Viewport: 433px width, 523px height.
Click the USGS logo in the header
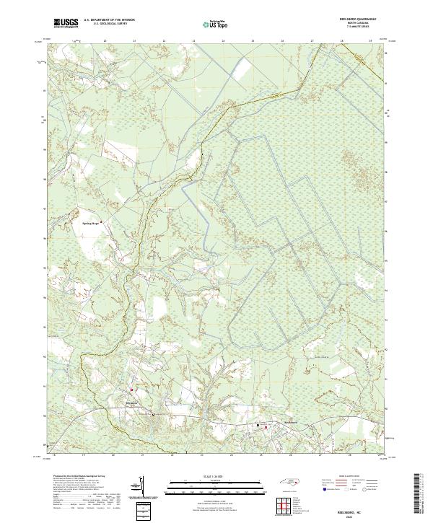(x=66, y=23)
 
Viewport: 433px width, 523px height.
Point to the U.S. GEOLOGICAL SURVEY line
(x=108, y=24)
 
